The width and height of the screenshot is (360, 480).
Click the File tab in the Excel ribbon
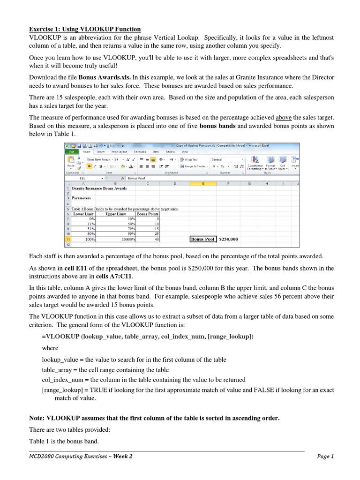point(72,152)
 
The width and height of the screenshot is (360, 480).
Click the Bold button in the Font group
point(89,166)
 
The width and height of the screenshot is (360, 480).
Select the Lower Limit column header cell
point(85,214)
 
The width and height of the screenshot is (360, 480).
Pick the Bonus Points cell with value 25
point(148,234)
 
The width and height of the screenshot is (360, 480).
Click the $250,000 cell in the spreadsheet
point(228,239)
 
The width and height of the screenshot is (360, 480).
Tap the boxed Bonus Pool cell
point(202,239)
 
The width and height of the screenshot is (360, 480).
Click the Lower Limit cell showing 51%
point(85,229)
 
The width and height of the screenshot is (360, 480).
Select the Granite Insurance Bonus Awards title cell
point(96,188)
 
